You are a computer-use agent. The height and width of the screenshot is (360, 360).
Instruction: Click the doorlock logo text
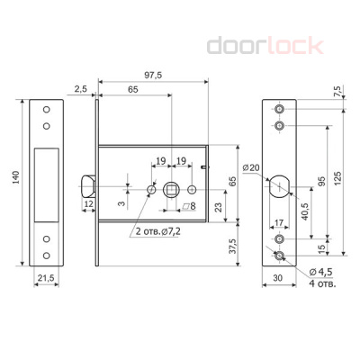[x=265, y=45]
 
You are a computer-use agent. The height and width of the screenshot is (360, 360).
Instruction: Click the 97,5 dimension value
[x=153, y=75]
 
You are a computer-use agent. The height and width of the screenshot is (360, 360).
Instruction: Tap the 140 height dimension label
[x=15, y=177]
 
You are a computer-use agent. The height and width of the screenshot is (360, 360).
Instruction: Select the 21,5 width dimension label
[x=46, y=278]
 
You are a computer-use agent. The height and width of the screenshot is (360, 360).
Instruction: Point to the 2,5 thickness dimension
[x=80, y=89]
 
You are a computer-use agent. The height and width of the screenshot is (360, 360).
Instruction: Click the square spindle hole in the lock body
[x=171, y=190]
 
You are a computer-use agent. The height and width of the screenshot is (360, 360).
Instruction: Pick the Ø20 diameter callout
[x=251, y=167]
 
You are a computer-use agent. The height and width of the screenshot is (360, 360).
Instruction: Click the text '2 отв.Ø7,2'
[x=158, y=231]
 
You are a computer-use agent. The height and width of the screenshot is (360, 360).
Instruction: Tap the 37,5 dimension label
[x=233, y=247]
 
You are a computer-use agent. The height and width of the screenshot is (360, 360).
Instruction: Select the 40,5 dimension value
[x=305, y=211]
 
